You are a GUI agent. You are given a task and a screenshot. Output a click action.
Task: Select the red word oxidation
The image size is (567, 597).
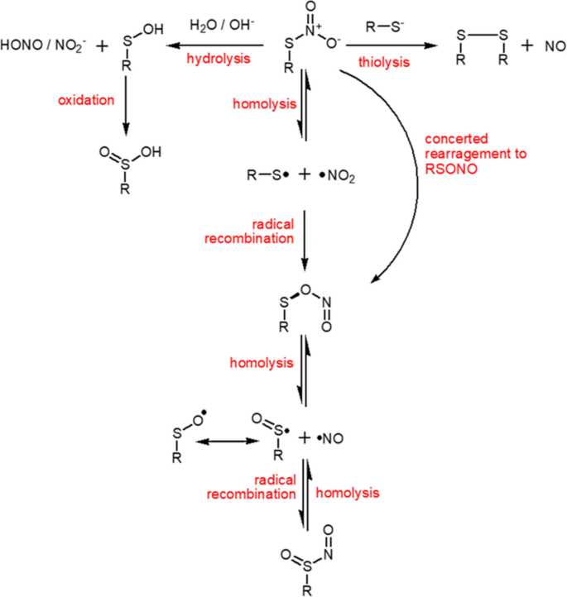coord(85,100)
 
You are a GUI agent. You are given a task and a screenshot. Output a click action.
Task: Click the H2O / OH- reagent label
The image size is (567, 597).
coord(212,25)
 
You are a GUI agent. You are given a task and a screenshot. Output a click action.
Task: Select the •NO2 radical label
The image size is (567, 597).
coord(339,176)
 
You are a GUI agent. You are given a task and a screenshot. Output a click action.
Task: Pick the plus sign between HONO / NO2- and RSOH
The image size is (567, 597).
coord(101,46)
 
